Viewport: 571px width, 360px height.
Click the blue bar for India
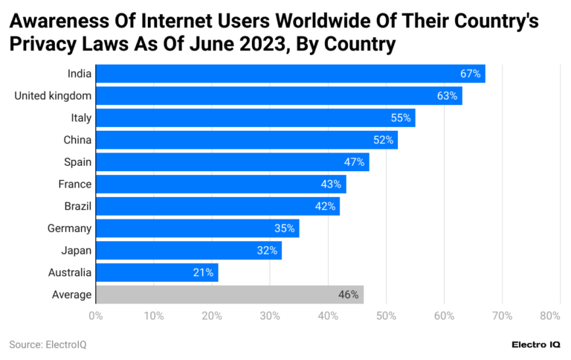coord(290,73)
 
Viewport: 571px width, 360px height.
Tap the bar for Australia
coord(157,272)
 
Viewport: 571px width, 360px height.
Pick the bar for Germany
coord(197,228)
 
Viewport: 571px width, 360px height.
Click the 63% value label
coord(447,95)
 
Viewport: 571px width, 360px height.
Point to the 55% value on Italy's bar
coord(401,118)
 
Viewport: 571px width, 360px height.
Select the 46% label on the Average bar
coord(349,295)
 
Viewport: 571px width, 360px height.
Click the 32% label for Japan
coord(267,251)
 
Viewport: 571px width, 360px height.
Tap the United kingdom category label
coord(53,95)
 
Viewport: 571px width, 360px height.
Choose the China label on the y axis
coord(77,140)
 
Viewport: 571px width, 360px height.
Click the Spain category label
coord(77,161)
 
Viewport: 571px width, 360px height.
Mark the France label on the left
coord(75,184)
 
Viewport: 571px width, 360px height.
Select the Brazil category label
coord(77,206)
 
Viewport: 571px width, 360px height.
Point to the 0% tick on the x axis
coord(96,316)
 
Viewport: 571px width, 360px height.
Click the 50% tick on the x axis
coord(386,316)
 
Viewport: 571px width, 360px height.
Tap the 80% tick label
coord(549,316)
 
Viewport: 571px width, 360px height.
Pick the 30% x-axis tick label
coord(270,316)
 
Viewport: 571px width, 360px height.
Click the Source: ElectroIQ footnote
coord(48,344)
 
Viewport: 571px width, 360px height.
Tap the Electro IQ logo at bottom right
coord(537,344)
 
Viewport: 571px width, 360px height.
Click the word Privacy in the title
coord(44,45)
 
